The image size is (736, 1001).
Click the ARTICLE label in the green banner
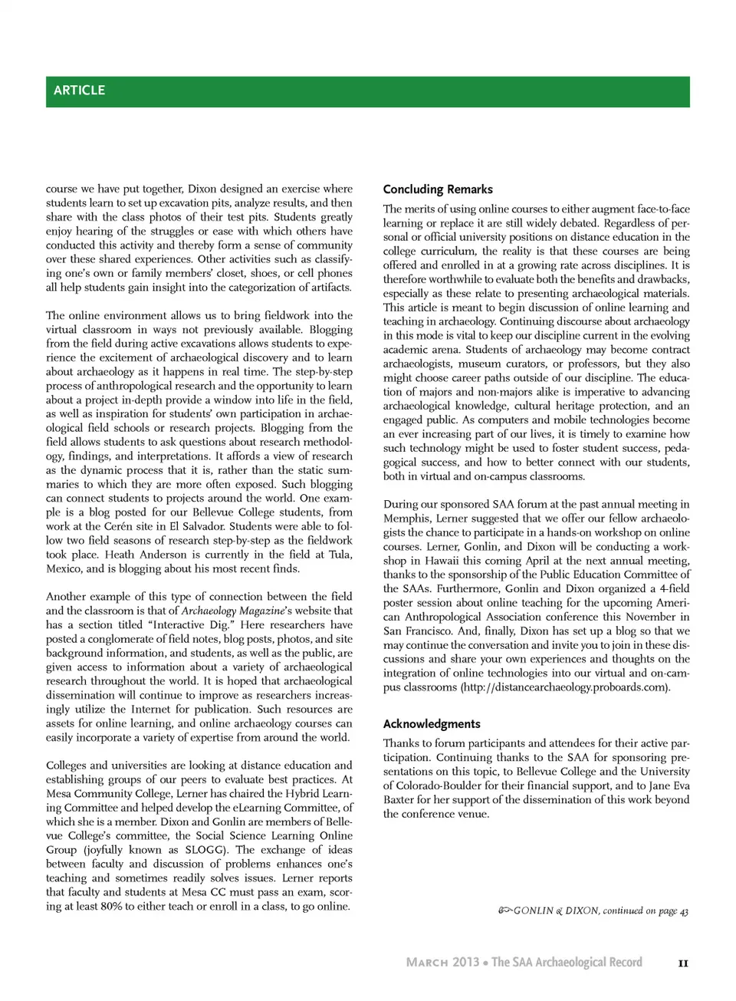(x=79, y=91)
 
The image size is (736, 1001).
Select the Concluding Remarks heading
(x=438, y=189)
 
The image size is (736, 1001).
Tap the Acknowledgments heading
(x=432, y=724)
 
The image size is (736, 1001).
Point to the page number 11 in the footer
(x=683, y=963)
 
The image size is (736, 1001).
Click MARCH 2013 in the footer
(x=442, y=963)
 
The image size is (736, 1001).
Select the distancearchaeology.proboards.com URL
(x=566, y=687)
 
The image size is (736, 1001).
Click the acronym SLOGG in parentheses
(x=205, y=850)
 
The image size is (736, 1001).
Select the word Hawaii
(x=435, y=561)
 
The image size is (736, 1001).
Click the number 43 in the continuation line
(x=684, y=911)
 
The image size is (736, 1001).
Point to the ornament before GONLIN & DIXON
(x=504, y=910)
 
